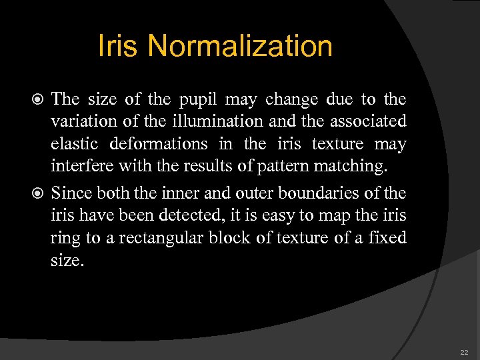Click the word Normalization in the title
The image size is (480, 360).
click(x=240, y=47)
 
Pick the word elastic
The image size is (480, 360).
click(x=74, y=145)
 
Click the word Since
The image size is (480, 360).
click(x=71, y=193)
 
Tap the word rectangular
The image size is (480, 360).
click(x=155, y=238)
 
